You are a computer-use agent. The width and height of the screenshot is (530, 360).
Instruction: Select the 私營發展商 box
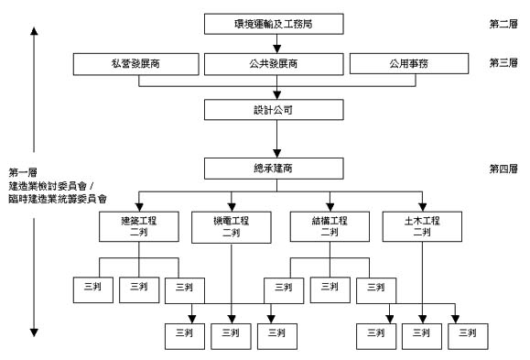pos(136,64)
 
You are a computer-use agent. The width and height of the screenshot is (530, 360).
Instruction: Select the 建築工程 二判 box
pos(138,226)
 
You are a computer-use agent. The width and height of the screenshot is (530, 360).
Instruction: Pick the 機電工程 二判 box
pos(233,226)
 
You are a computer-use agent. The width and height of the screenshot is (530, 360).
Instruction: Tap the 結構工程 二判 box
pos(327,226)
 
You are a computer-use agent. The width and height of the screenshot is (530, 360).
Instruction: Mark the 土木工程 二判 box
pos(422,226)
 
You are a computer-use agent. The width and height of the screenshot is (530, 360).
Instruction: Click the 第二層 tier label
pos(503,21)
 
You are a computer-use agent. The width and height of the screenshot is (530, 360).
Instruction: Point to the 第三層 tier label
pos(503,63)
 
